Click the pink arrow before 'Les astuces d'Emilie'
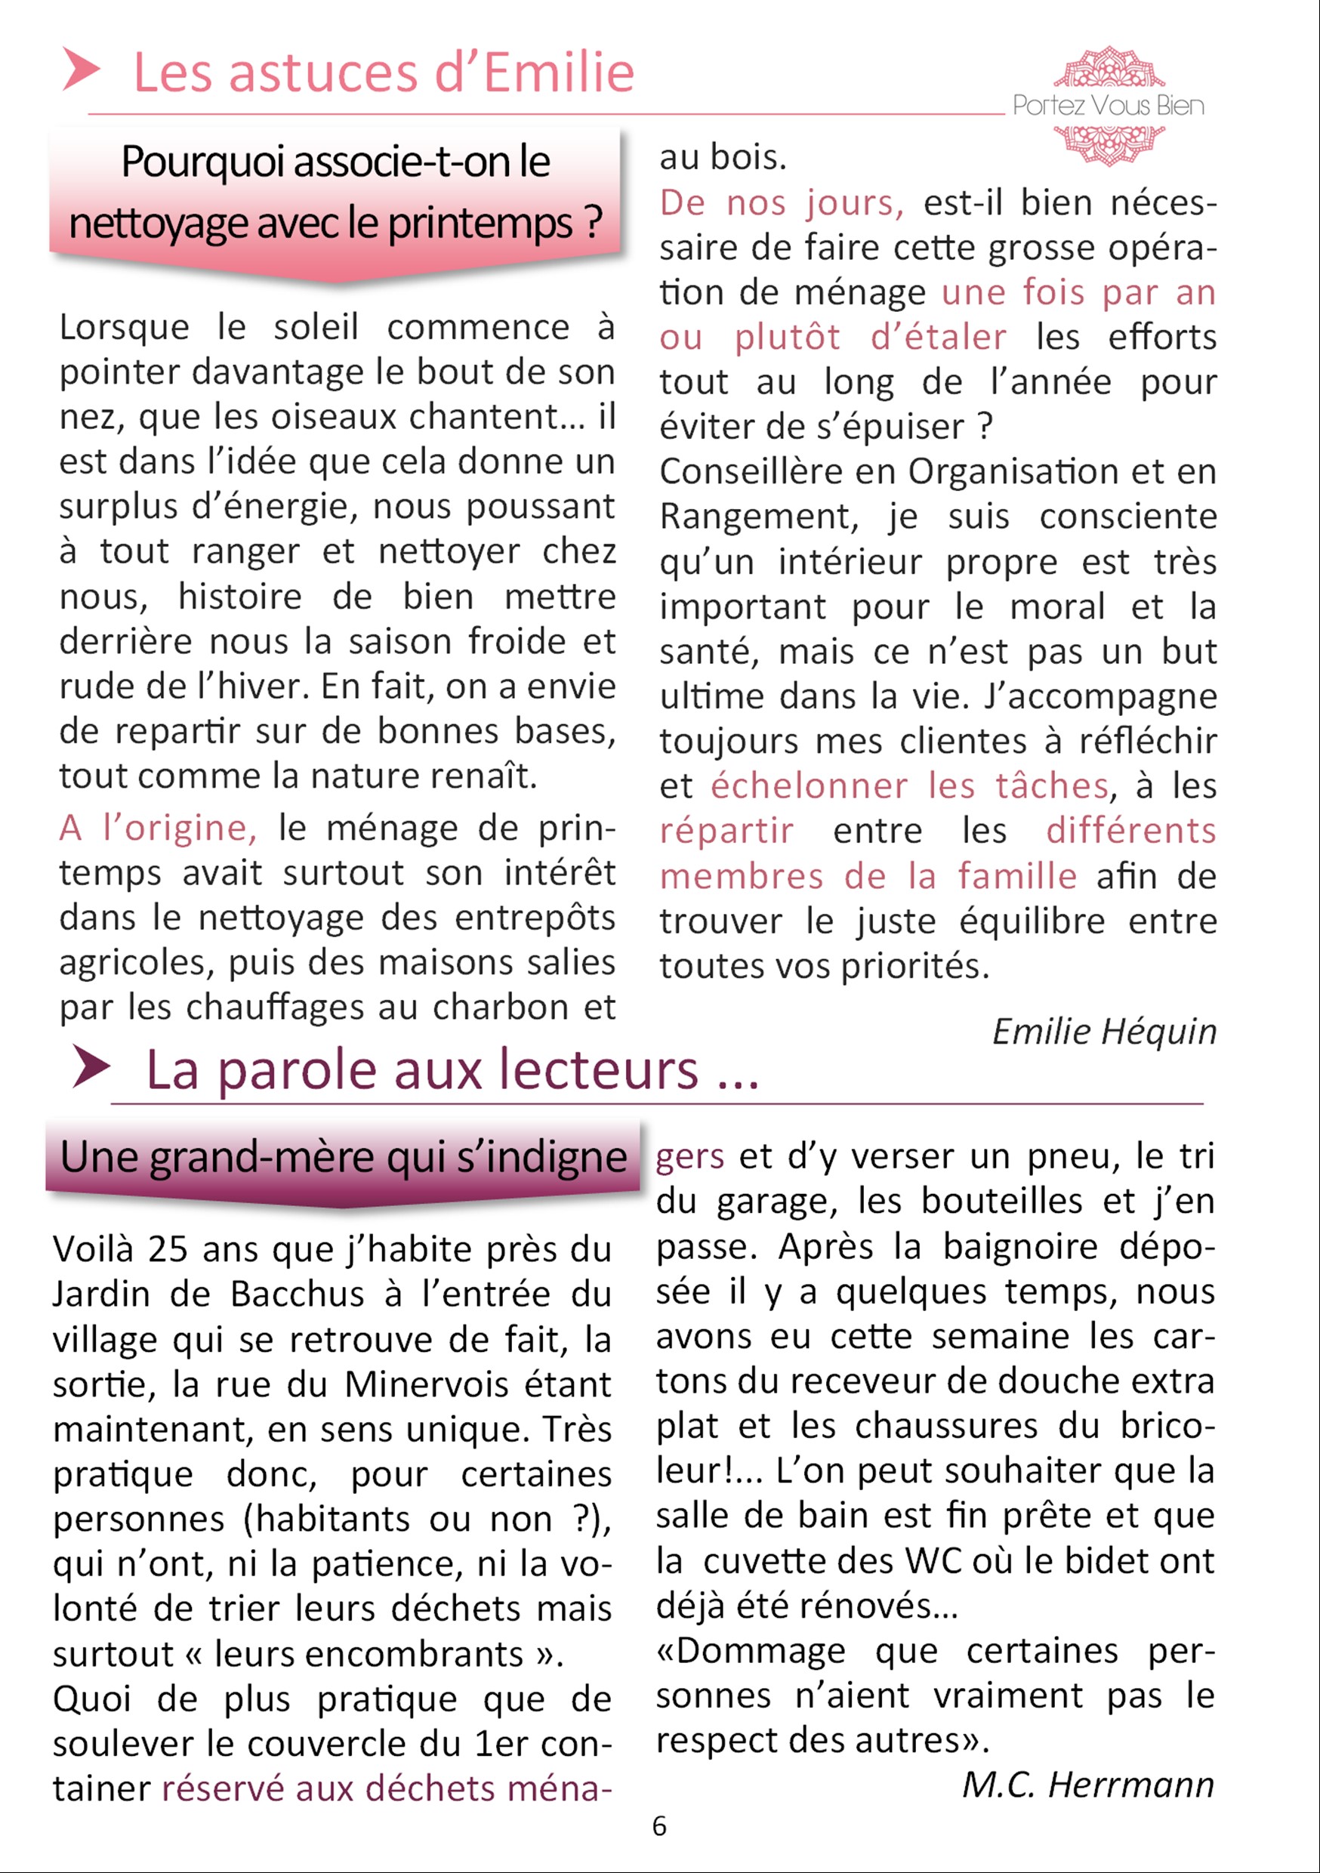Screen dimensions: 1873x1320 tap(81, 69)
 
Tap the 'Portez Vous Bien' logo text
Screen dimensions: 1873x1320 tap(1108, 105)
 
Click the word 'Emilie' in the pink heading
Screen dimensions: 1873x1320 tap(559, 73)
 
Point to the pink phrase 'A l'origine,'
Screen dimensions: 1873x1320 tap(159, 827)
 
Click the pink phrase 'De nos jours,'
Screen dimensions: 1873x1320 tap(782, 202)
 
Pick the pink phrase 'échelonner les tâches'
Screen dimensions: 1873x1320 tap(909, 785)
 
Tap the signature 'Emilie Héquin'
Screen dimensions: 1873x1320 tap(1104, 1031)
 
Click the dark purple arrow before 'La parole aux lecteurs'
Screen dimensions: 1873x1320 tap(91, 1066)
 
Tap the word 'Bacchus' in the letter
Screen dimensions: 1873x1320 tap(297, 1294)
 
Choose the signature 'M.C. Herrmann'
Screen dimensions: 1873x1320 tap(1087, 1784)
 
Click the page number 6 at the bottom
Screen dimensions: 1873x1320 tap(659, 1825)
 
